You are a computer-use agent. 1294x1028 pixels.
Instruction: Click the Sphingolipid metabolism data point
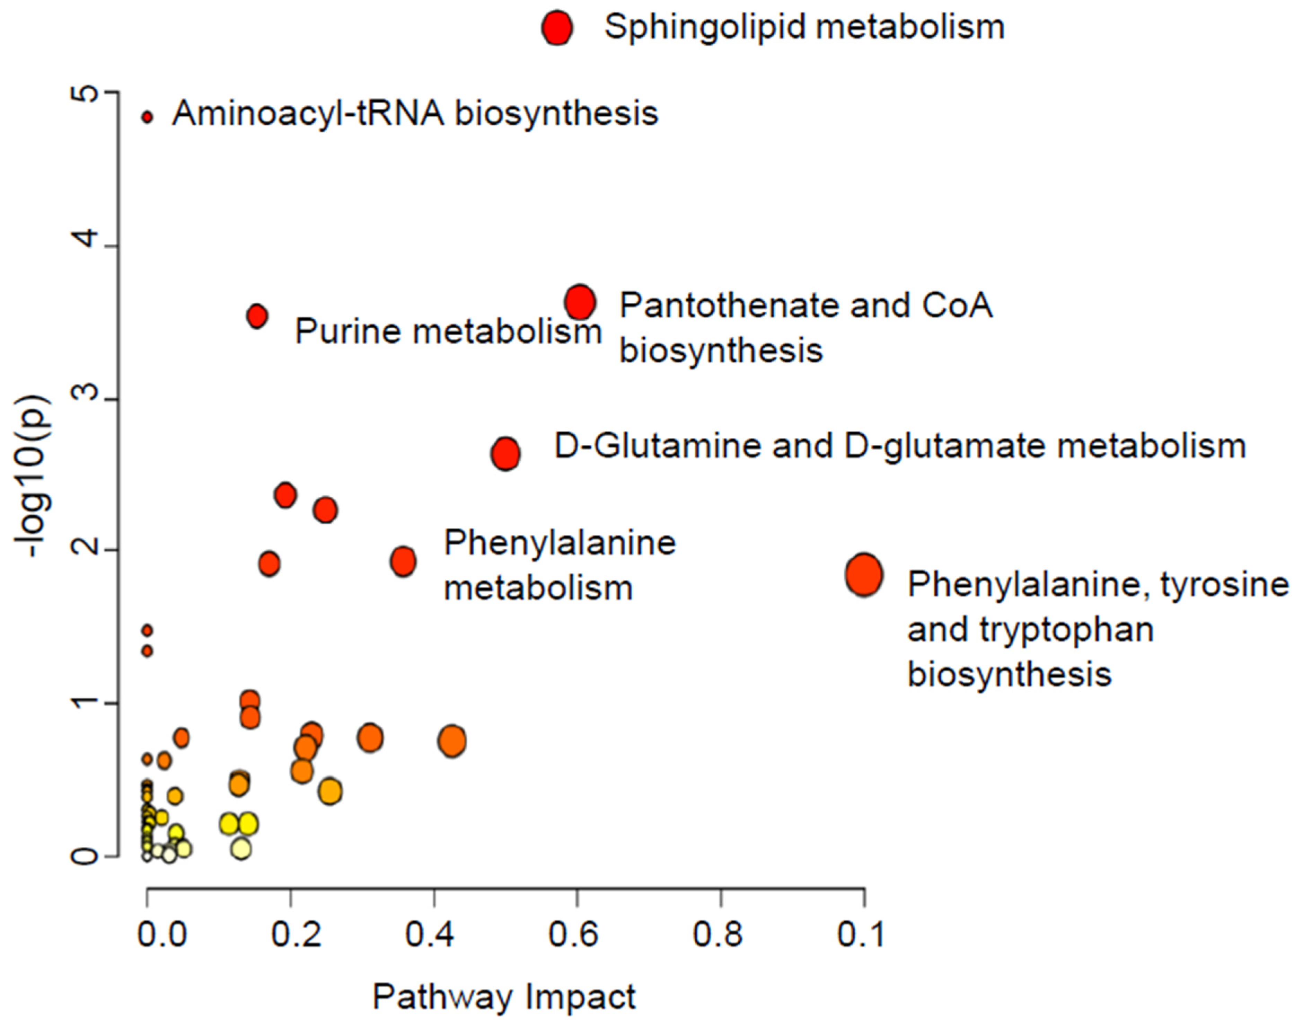pyautogui.click(x=557, y=28)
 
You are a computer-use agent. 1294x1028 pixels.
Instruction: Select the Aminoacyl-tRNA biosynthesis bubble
pyautogui.click(x=147, y=117)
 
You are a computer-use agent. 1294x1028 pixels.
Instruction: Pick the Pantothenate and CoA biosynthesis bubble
pyautogui.click(x=580, y=302)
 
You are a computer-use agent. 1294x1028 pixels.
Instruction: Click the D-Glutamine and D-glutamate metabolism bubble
pyautogui.click(x=505, y=454)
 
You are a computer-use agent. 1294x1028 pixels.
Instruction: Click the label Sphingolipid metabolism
pyautogui.click(x=804, y=27)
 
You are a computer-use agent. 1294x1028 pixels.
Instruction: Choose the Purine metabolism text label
pyautogui.click(x=448, y=331)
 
